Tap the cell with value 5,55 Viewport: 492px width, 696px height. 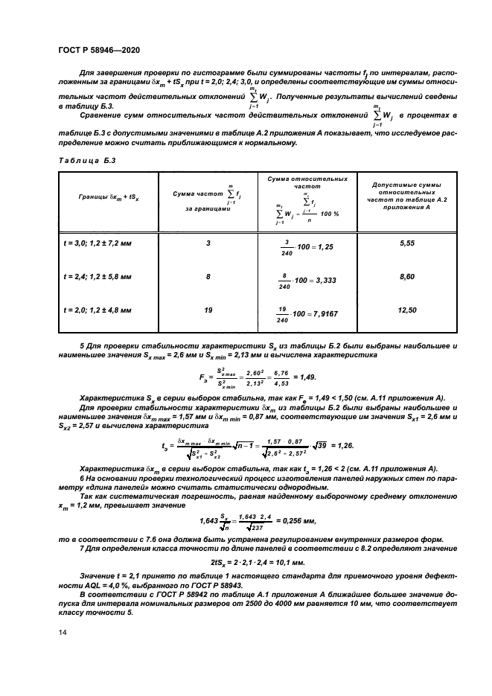click(406, 243)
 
